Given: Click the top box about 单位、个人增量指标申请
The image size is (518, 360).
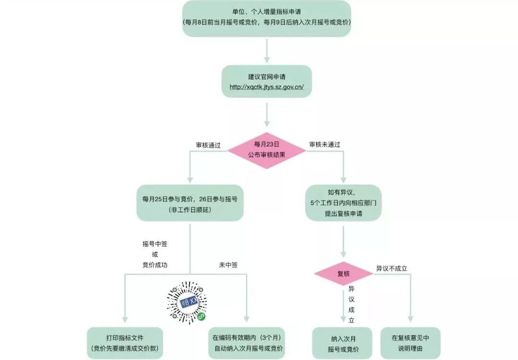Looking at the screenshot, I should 266,18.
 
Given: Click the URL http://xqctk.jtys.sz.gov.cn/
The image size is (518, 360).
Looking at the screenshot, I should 266,87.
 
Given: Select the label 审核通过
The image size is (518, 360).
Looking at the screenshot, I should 208,144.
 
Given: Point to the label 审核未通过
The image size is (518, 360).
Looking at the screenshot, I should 325,144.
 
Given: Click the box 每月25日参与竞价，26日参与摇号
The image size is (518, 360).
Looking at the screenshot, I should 189,203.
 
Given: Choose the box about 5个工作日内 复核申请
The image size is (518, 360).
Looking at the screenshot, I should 343,203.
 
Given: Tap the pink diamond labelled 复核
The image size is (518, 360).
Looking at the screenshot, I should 343,274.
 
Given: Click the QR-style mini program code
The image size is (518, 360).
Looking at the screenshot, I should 187,301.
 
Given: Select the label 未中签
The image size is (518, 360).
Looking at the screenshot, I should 228,264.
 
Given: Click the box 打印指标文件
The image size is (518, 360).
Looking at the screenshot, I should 125,343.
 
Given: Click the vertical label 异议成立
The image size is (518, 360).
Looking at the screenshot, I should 351,304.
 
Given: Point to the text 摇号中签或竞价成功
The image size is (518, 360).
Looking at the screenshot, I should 154,254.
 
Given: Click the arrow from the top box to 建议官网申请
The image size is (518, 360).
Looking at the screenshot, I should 266,50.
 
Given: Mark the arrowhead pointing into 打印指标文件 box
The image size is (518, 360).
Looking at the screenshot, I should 124,320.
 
